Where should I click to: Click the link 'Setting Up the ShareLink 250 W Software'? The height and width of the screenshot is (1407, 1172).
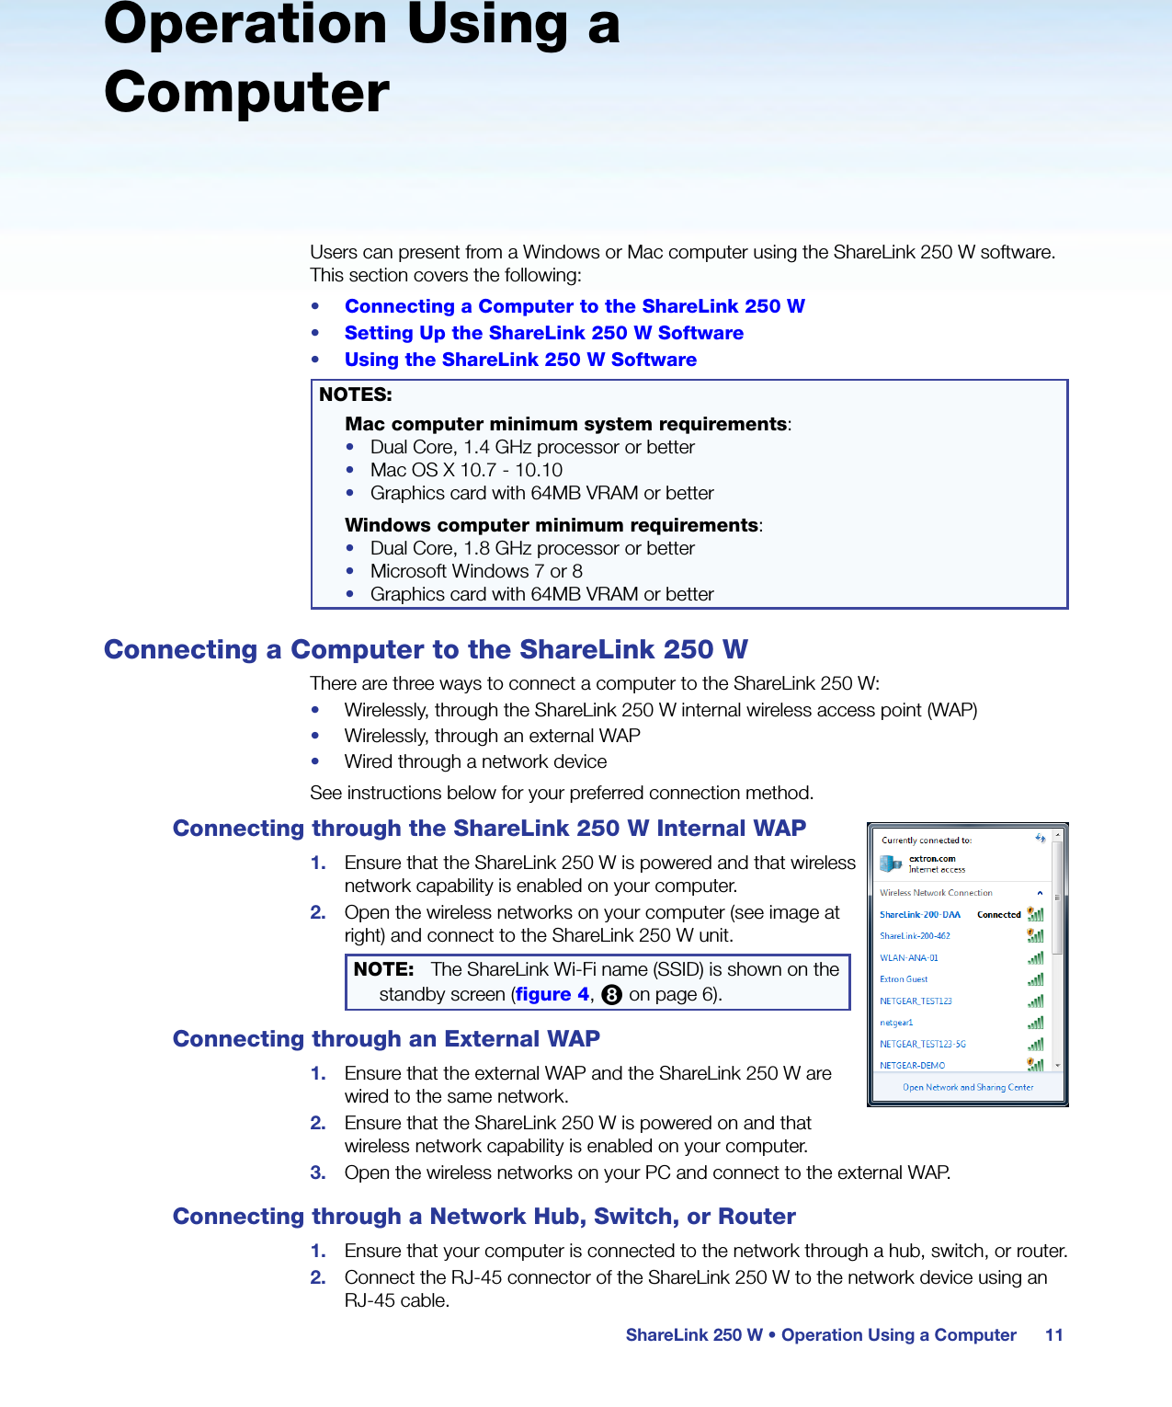pos(543,333)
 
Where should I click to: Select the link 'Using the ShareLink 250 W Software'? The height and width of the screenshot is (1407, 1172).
pos(520,360)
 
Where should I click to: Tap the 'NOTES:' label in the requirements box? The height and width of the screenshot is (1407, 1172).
pos(356,395)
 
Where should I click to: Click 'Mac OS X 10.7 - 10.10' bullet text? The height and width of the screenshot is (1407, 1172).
pos(466,470)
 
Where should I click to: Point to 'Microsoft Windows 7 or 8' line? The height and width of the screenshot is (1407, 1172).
pos(476,571)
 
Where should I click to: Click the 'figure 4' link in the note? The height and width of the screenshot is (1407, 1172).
pos(552,994)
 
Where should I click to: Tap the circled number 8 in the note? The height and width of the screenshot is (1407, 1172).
pos(612,994)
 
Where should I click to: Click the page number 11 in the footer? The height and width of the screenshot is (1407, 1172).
pos(1053,1335)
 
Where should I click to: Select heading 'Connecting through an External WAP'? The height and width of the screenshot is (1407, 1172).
pos(386,1039)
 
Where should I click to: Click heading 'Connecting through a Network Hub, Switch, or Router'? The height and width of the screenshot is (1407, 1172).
pos(484,1217)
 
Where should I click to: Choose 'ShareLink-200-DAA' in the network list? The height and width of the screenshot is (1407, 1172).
pos(919,915)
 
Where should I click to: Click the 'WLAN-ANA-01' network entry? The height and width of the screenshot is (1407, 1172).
pos(909,958)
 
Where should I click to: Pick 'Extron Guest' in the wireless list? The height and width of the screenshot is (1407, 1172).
pos(904,979)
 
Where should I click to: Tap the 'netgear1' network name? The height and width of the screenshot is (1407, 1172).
pos(896,1023)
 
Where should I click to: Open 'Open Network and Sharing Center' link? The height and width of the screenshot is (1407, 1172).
pos(968,1088)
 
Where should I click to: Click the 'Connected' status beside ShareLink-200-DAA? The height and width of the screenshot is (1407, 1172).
pos(998,915)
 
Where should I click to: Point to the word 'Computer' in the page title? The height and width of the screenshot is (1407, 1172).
pos(246,93)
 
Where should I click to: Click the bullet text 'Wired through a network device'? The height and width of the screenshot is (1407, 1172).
pos(475,761)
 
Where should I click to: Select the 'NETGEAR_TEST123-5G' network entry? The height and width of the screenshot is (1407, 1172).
pos(922,1045)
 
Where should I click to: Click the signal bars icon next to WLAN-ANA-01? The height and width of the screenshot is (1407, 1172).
pos(1036,958)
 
